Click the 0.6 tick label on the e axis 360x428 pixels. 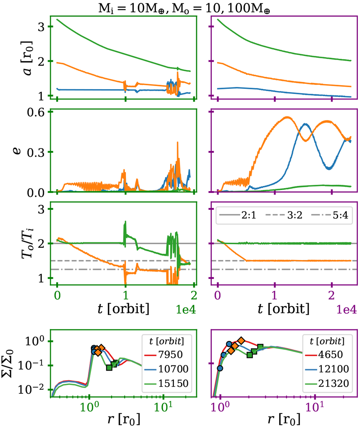pos(36,112)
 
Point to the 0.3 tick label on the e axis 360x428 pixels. pos(36,152)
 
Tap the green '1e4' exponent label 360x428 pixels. pos(186,310)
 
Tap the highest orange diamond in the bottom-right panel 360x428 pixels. pos(241,341)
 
